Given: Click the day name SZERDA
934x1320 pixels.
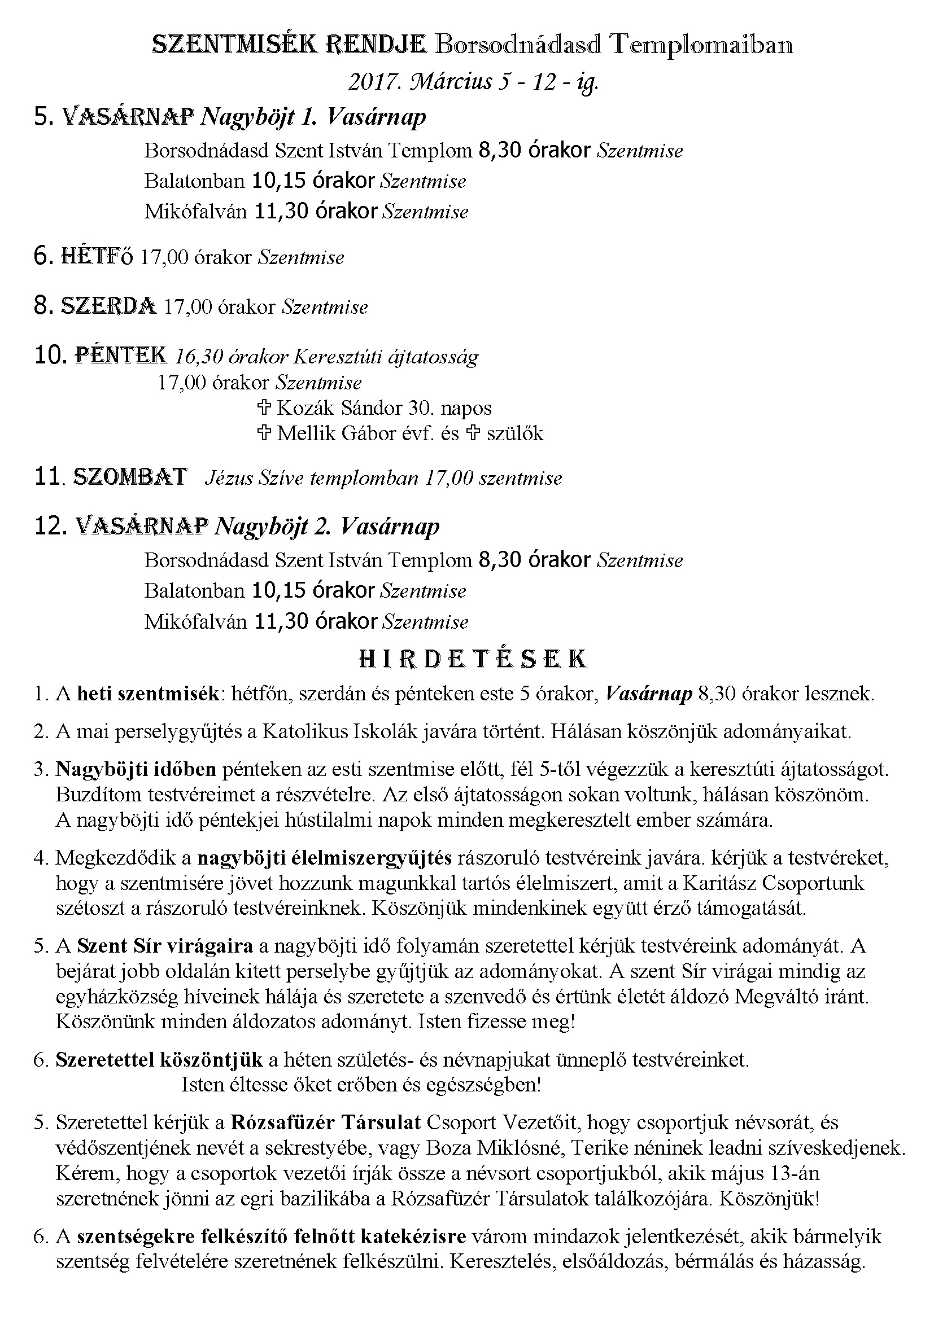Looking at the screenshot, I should [108, 306].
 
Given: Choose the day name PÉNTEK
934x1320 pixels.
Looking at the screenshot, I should [121, 356].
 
